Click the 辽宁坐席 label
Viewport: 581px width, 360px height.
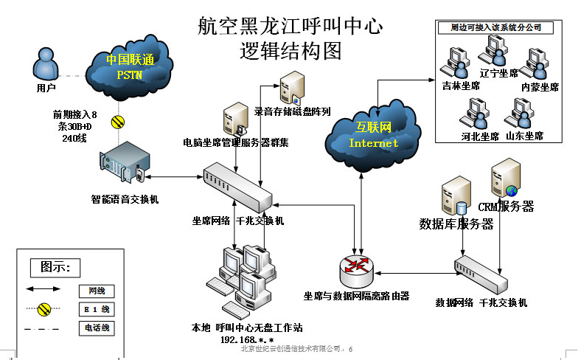(498, 73)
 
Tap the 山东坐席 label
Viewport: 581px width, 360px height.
(524, 136)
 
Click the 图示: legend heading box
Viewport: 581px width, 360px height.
(55, 266)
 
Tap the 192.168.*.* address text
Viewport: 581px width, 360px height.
(247, 340)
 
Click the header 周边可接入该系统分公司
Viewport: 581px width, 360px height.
(495, 27)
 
